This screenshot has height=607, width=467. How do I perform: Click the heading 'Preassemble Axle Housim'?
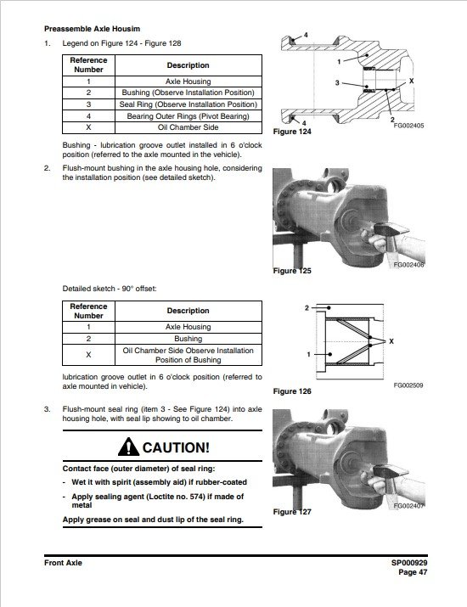coord(93,29)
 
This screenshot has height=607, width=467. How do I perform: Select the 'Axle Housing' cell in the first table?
coord(188,81)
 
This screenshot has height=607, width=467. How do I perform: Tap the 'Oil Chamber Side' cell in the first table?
coord(188,127)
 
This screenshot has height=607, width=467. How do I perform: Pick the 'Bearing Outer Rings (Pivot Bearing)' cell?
coord(188,116)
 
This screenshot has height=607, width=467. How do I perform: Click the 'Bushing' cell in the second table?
coord(188,339)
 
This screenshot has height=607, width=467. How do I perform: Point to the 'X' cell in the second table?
coord(88,355)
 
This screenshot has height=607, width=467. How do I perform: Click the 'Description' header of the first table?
coord(188,65)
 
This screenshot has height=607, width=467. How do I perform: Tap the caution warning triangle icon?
coord(128,447)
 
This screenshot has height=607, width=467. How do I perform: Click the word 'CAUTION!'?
coord(177,447)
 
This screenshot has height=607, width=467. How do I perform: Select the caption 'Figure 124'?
coord(292,132)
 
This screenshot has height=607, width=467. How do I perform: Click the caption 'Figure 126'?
coord(292,391)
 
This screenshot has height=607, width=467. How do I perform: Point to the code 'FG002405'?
coord(408,126)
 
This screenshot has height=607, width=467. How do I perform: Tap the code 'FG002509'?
coord(408,385)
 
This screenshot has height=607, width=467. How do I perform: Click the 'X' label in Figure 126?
coord(391,341)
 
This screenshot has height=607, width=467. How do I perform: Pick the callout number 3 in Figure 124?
coord(337,82)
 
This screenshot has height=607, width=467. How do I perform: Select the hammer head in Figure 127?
coord(391,471)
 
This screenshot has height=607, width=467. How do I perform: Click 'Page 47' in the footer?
coord(413,572)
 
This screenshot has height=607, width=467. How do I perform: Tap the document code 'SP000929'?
coord(409,563)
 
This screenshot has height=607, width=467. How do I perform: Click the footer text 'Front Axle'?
coord(63,563)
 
